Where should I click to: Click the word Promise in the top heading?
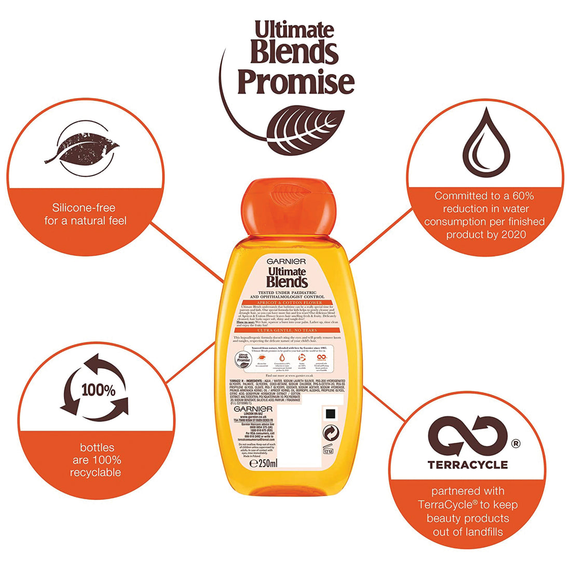point(296,83)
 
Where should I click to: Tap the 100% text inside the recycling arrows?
point(98,390)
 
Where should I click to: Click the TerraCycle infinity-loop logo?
point(467,436)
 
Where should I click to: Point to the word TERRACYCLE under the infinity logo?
point(467,465)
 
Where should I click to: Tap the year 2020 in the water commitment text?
point(514,235)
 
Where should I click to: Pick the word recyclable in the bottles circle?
point(96,472)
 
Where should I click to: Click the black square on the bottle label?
point(329,414)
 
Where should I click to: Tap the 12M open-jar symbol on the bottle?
point(329,451)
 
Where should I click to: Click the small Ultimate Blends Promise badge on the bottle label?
point(244,358)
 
